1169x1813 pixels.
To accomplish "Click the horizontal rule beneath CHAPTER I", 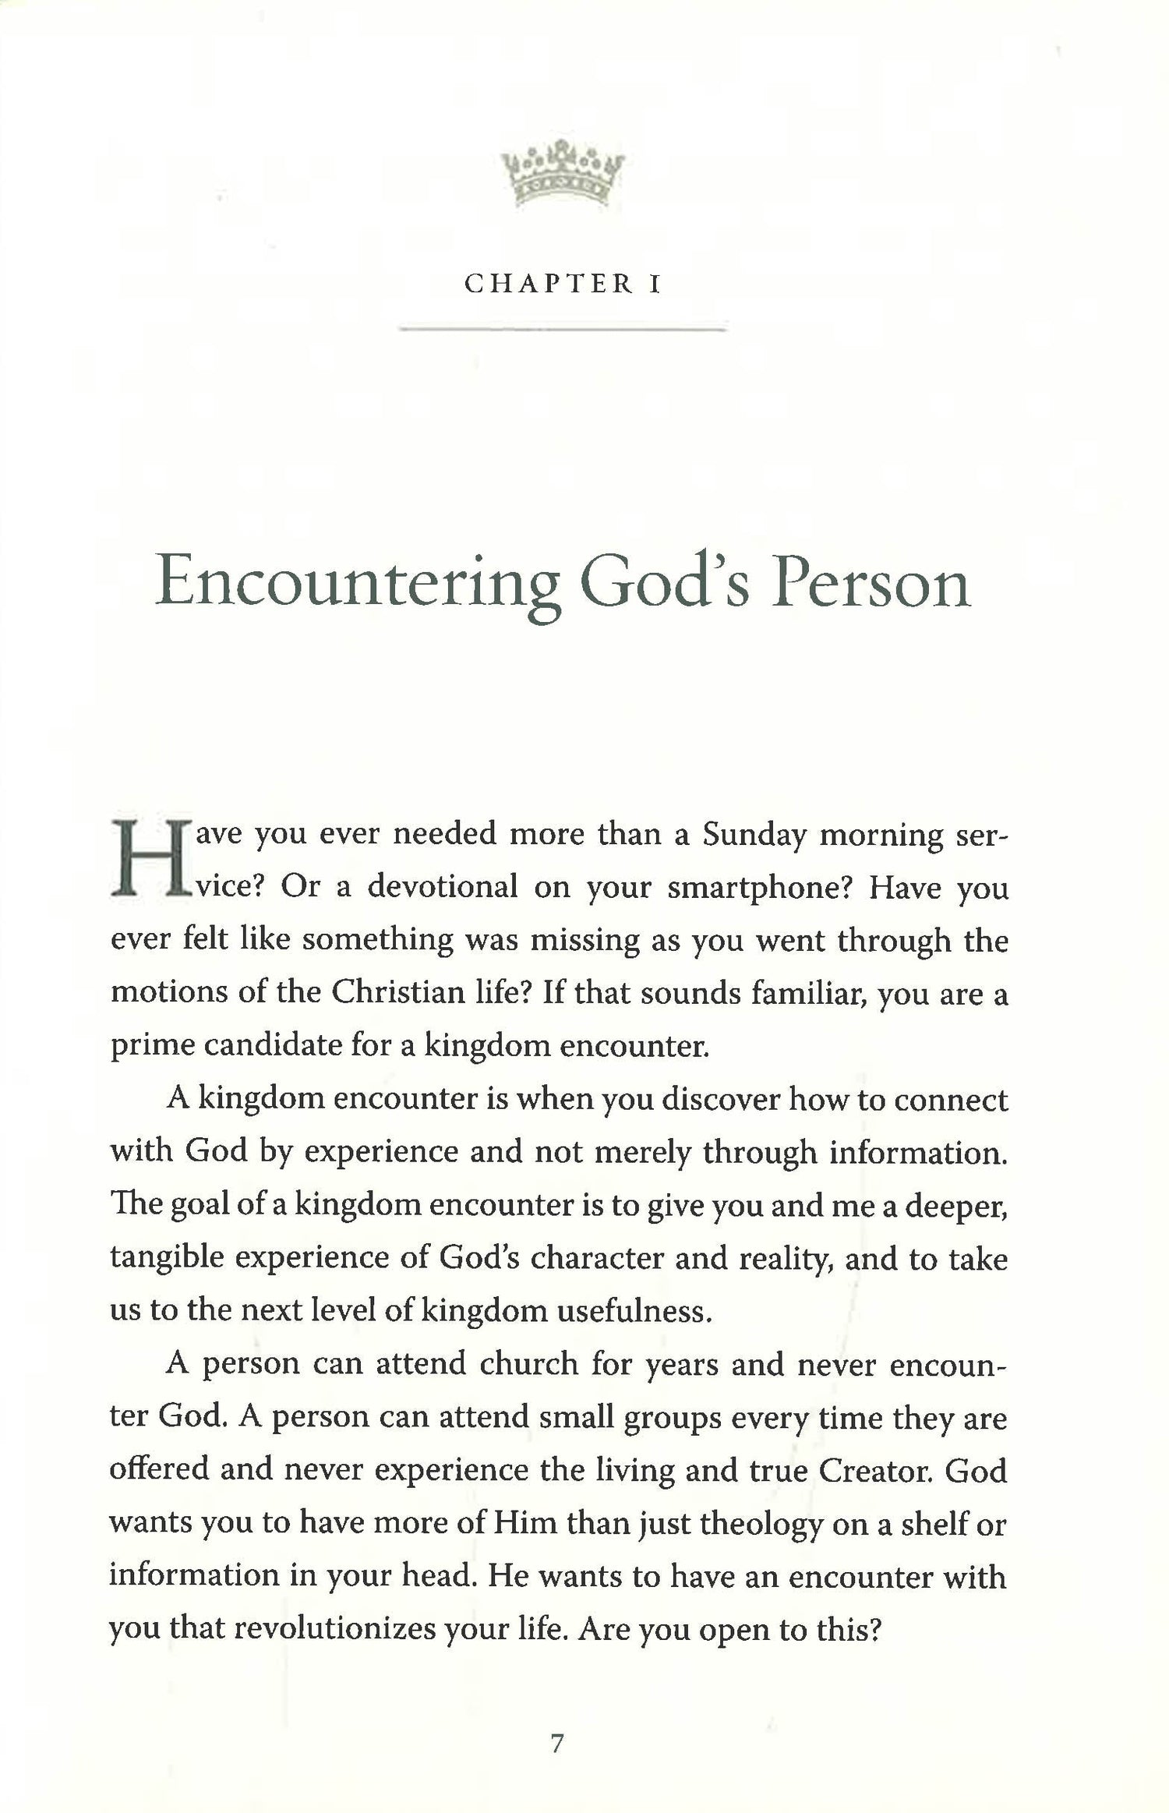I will (562, 330).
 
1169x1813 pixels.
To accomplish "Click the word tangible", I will (166, 1257).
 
